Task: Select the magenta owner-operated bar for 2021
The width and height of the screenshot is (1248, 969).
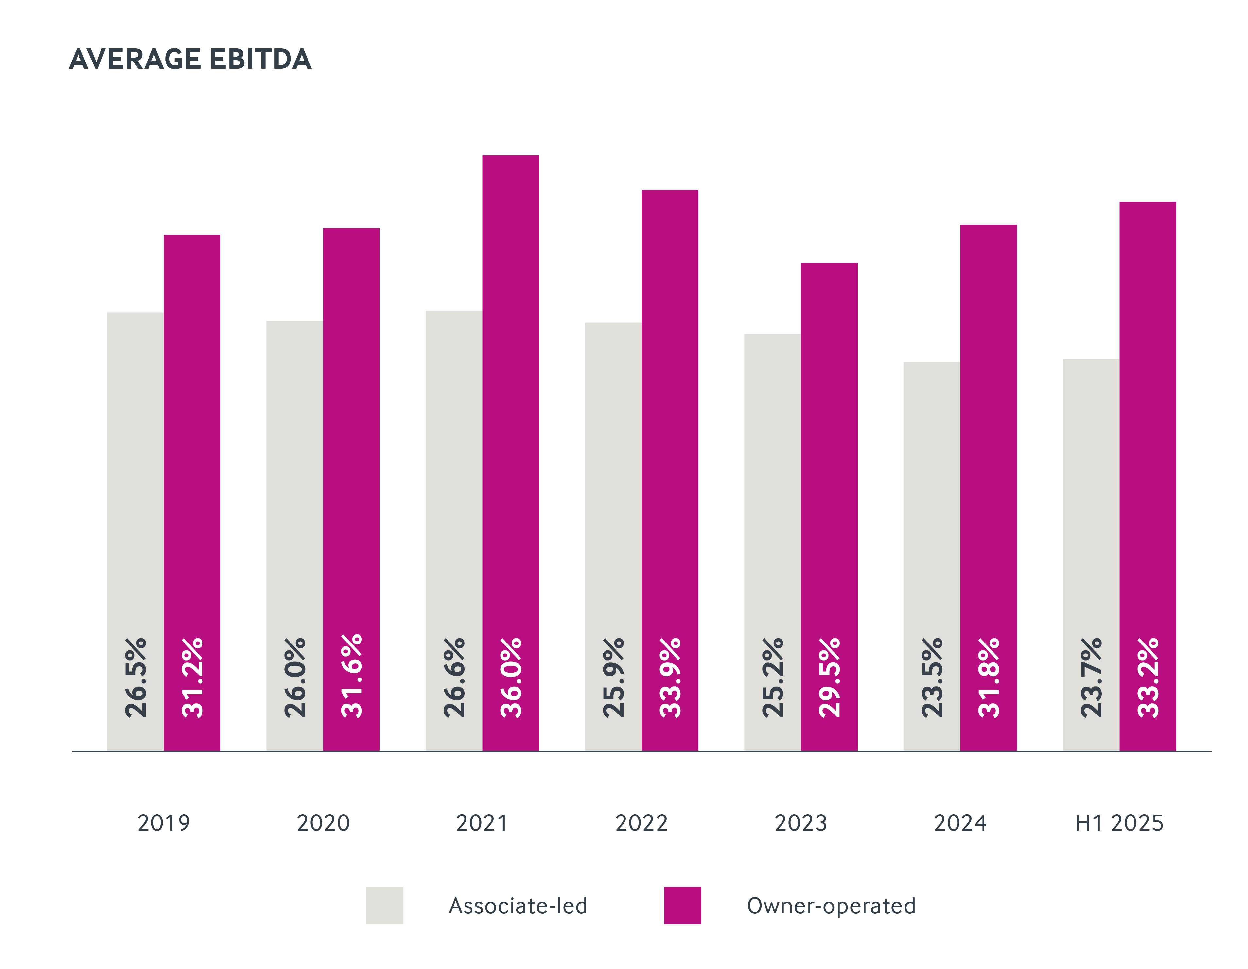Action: click(x=510, y=400)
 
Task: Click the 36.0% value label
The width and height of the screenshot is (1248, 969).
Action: click(x=511, y=678)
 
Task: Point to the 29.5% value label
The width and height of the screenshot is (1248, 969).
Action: click(x=830, y=678)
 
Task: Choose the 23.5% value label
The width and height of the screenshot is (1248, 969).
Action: click(x=932, y=678)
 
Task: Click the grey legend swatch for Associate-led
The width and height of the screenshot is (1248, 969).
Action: click(x=385, y=905)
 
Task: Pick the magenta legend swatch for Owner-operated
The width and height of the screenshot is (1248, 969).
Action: click(x=682, y=905)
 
